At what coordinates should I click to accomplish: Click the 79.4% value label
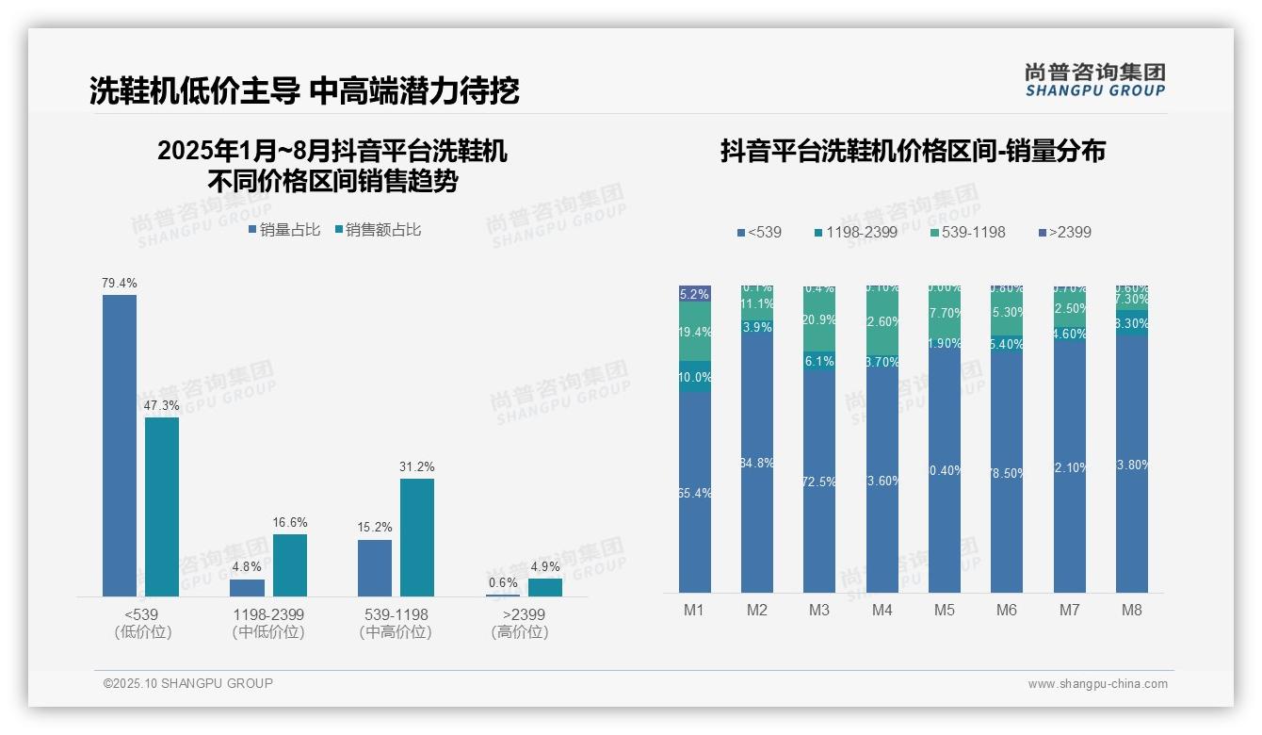[x=120, y=283]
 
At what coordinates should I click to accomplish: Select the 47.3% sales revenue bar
[x=162, y=506]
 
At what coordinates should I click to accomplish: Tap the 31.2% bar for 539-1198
[x=417, y=537]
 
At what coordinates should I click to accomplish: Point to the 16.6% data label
[x=290, y=523]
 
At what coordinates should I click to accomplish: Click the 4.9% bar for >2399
[x=545, y=587]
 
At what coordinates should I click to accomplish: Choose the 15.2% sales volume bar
[x=375, y=567]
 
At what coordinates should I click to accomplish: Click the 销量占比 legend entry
[x=284, y=229]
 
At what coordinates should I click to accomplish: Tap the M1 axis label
[x=694, y=611]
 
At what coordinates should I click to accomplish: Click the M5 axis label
[x=945, y=611]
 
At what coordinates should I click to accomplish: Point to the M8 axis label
[x=1132, y=611]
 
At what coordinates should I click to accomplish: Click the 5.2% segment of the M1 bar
[x=695, y=293]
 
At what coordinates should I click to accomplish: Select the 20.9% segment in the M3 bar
[x=819, y=320]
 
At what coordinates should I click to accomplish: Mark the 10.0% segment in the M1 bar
[x=695, y=376]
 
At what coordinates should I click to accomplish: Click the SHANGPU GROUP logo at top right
[x=1095, y=80]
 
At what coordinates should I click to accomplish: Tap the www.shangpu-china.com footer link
[x=1097, y=684]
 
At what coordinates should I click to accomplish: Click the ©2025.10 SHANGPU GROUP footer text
[x=188, y=683]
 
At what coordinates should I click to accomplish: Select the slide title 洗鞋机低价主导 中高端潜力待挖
[x=304, y=91]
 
